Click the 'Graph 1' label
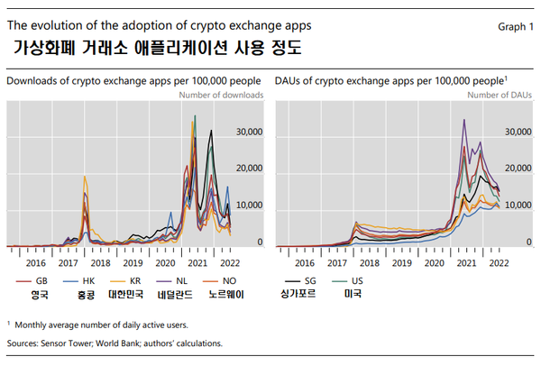click(515, 27)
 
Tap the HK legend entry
click(87, 279)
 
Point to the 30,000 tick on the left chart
click(249, 132)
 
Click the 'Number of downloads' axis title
click(221, 95)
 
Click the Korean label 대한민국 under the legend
click(133, 295)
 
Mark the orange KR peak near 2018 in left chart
click(85, 177)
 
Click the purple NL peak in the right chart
click(464, 119)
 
